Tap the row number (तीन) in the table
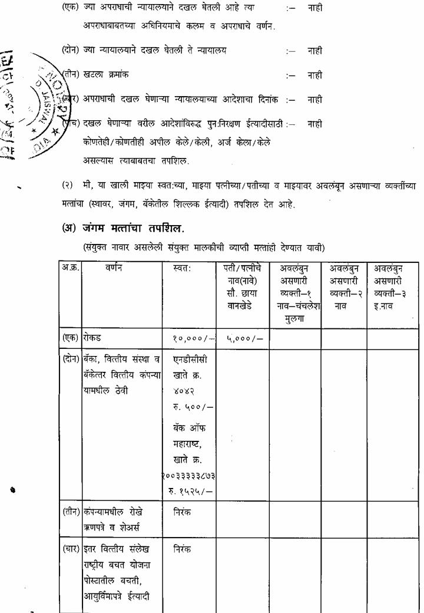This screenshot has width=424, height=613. tap(72, 513)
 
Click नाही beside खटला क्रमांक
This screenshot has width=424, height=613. tap(315, 75)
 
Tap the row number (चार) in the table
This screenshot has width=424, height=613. tap(72, 549)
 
